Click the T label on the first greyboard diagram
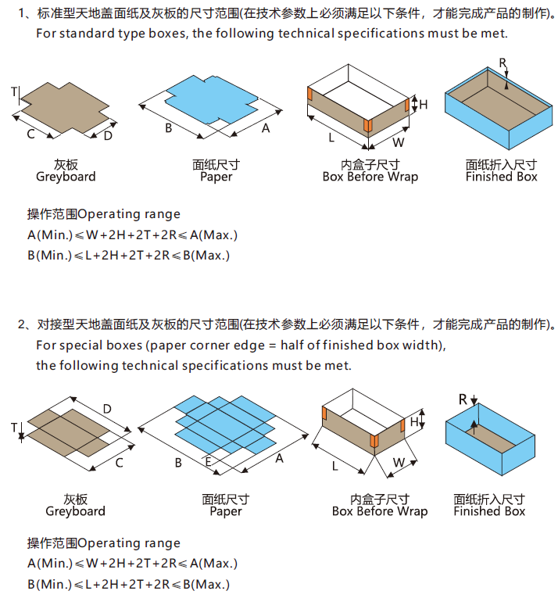[x=14, y=92]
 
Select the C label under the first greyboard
[x=30, y=134]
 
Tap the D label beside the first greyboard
[x=108, y=136]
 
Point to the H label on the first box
[x=424, y=104]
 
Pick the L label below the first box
[x=331, y=138]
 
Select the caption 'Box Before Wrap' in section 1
[x=370, y=177]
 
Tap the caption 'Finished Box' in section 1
[x=501, y=177]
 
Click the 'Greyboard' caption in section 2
[x=75, y=511]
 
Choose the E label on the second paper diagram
[x=209, y=462]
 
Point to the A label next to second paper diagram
[x=278, y=459]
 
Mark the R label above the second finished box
[x=463, y=399]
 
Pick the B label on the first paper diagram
[x=168, y=127]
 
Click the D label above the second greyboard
[x=107, y=409]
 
